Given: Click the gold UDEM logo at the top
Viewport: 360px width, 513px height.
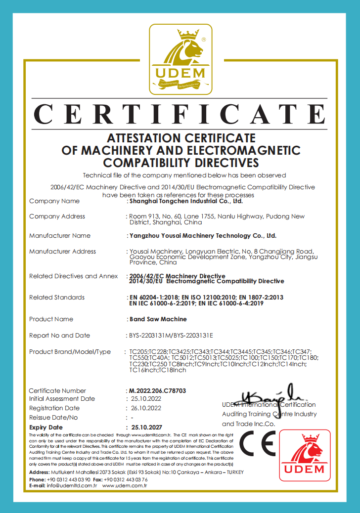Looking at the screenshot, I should [x=180, y=60].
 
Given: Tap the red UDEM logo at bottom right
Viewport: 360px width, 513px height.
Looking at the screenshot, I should [x=305, y=455].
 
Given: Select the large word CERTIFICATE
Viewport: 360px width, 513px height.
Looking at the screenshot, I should [x=180, y=114].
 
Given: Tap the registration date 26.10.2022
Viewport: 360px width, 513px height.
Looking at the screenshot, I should [x=146, y=408].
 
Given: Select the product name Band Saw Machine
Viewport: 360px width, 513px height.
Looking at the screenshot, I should [x=151, y=319].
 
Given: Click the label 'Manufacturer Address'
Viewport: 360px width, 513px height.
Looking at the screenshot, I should [x=62, y=252].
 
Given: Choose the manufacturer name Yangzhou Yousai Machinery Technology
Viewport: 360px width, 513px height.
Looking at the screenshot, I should [x=202, y=236].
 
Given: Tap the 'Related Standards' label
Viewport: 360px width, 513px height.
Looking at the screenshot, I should [x=57, y=298].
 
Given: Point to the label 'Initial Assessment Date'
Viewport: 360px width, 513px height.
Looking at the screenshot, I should [x=62, y=399].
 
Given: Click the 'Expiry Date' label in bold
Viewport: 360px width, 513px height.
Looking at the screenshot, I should [x=46, y=427].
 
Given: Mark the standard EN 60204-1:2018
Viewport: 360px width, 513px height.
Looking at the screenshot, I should [x=153, y=298].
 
